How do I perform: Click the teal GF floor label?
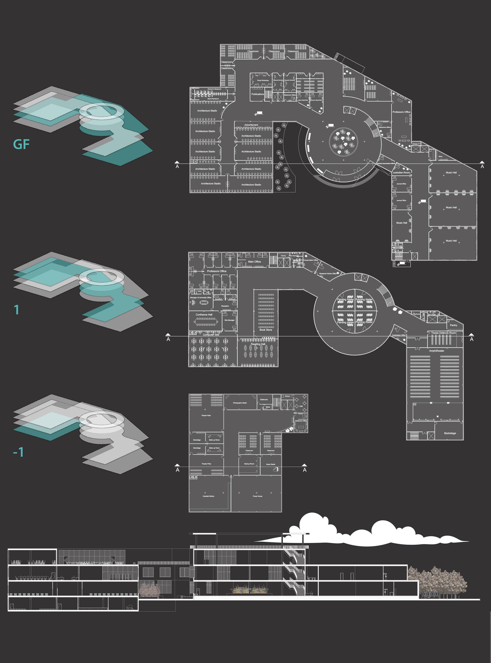(21, 145)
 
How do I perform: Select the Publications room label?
(257, 94)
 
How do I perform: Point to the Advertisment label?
(251, 125)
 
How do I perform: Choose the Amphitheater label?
(436, 351)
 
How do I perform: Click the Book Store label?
(265, 330)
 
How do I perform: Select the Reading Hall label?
(258, 344)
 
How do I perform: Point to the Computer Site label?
(211, 335)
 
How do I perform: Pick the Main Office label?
(254, 262)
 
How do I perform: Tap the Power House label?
(257, 496)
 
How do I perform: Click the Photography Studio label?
(240, 403)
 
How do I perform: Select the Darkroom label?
(264, 399)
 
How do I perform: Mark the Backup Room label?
(249, 464)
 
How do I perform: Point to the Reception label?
(225, 306)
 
